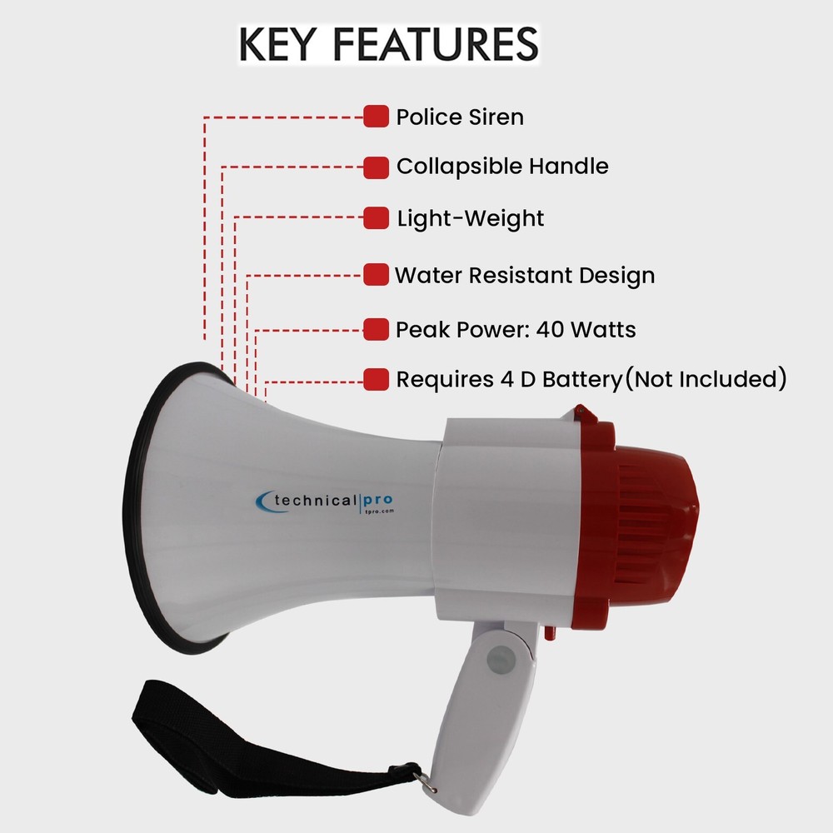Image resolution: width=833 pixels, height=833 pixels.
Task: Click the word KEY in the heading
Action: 278,45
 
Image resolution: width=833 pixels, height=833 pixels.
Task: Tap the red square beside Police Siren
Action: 377,117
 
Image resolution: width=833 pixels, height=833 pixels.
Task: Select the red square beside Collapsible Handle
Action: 377,167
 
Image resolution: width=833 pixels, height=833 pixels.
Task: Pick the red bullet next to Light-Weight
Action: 377,219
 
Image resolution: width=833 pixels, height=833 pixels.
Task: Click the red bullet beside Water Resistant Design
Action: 377,275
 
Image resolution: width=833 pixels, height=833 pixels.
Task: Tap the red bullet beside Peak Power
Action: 377,330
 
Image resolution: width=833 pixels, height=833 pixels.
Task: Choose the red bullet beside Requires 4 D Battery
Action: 377,380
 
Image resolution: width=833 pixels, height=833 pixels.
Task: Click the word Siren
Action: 495,117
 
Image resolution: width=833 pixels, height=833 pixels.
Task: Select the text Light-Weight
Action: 470,219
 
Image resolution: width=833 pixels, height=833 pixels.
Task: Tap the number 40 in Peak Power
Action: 551,330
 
